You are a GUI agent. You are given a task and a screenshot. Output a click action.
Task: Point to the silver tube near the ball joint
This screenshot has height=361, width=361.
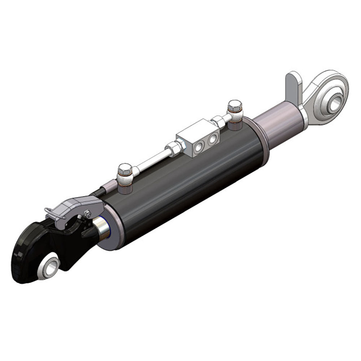278,123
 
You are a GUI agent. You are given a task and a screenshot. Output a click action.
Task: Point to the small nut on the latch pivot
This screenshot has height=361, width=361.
88,214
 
